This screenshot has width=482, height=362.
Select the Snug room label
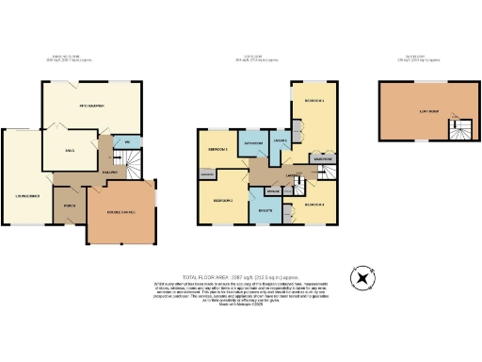coord(69,149)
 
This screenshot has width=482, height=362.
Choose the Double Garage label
coord(119,213)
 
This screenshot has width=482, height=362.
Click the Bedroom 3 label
coord(222,201)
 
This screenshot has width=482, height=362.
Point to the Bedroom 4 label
coord(314,205)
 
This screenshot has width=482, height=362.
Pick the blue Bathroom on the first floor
coord(252,143)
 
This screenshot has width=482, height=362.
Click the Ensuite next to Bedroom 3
coord(263,210)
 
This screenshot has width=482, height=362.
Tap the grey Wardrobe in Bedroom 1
coord(320,159)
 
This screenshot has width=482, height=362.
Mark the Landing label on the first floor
coord(292,176)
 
